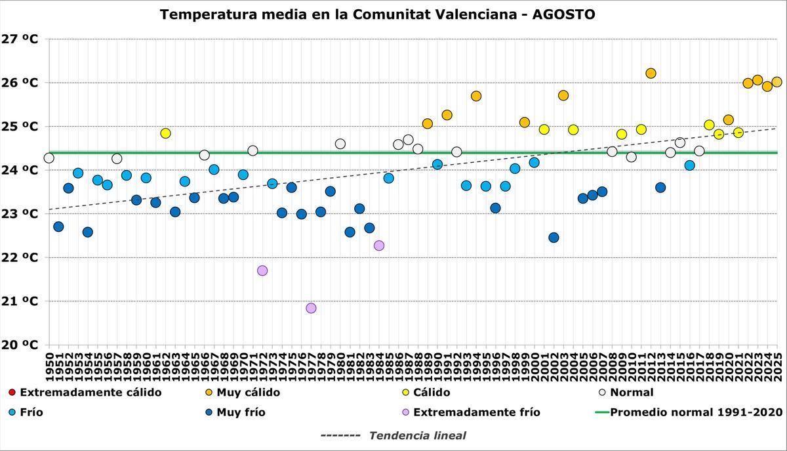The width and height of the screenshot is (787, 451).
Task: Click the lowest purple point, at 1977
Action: pyautogui.click(x=311, y=308)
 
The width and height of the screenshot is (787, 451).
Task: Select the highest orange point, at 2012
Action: pyautogui.click(x=651, y=74)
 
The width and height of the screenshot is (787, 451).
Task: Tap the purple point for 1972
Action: pyautogui.click(x=262, y=270)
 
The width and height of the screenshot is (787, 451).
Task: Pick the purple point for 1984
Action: pyautogui.click(x=379, y=246)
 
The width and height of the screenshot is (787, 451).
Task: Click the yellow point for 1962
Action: pyautogui.click(x=165, y=133)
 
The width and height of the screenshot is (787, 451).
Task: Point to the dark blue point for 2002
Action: pyautogui.click(x=554, y=238)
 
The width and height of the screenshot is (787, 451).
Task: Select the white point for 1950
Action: pyautogui.click(x=49, y=158)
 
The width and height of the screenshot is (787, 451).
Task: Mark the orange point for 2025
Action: pyautogui.click(x=777, y=82)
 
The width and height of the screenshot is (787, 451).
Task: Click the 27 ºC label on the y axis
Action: pyautogui.click(x=20, y=39)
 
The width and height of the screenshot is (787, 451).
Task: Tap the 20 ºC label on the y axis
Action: pyautogui.click(x=20, y=345)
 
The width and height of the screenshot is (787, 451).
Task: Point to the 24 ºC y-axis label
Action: pyautogui.click(x=20, y=170)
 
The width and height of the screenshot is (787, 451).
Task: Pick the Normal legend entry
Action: pyautogui.click(x=631, y=393)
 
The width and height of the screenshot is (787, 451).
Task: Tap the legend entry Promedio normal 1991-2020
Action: pyautogui.click(x=696, y=412)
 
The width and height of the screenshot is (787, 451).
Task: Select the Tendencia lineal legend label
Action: pyautogui.click(x=417, y=435)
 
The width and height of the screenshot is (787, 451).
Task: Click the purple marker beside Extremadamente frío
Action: pyautogui.click(x=406, y=412)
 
